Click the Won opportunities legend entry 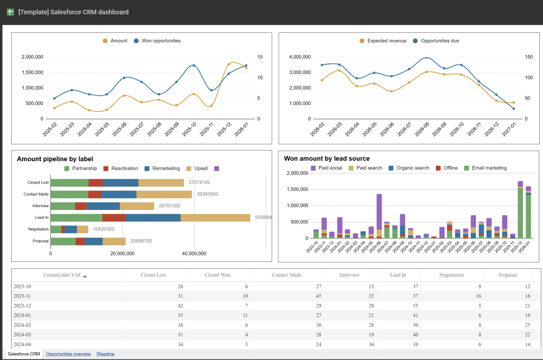click(161, 41)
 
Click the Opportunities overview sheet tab click(68, 354)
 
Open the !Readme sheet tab click(105, 354)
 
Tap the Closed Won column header click(217, 275)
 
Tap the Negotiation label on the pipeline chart click(38, 229)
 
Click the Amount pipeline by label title click(55, 159)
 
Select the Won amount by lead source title click(327, 159)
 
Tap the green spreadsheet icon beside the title click(10, 12)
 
